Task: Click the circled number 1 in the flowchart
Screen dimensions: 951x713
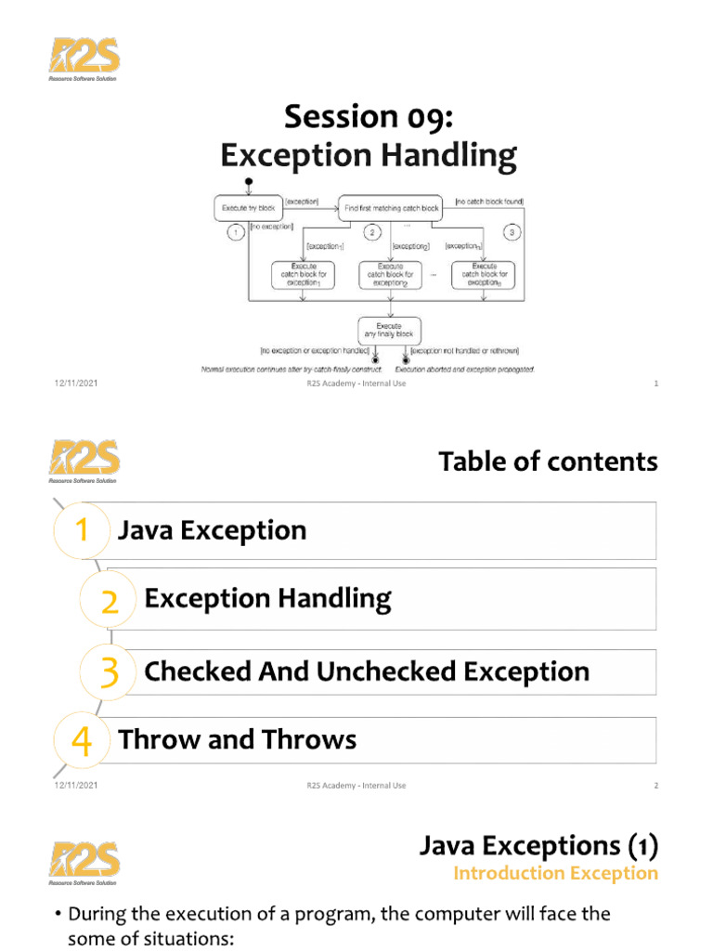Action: (x=235, y=231)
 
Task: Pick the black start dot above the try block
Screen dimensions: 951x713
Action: (x=248, y=181)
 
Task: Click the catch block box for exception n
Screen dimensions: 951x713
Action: (x=482, y=274)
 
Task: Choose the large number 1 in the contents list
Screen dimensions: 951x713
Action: (x=83, y=531)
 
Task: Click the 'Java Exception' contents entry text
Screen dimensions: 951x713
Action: (x=213, y=530)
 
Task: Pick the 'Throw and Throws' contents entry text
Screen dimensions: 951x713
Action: (x=238, y=739)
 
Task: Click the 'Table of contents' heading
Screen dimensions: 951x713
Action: (x=548, y=461)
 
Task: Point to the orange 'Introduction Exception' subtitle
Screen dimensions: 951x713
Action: (x=555, y=873)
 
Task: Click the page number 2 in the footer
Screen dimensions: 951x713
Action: (x=655, y=786)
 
